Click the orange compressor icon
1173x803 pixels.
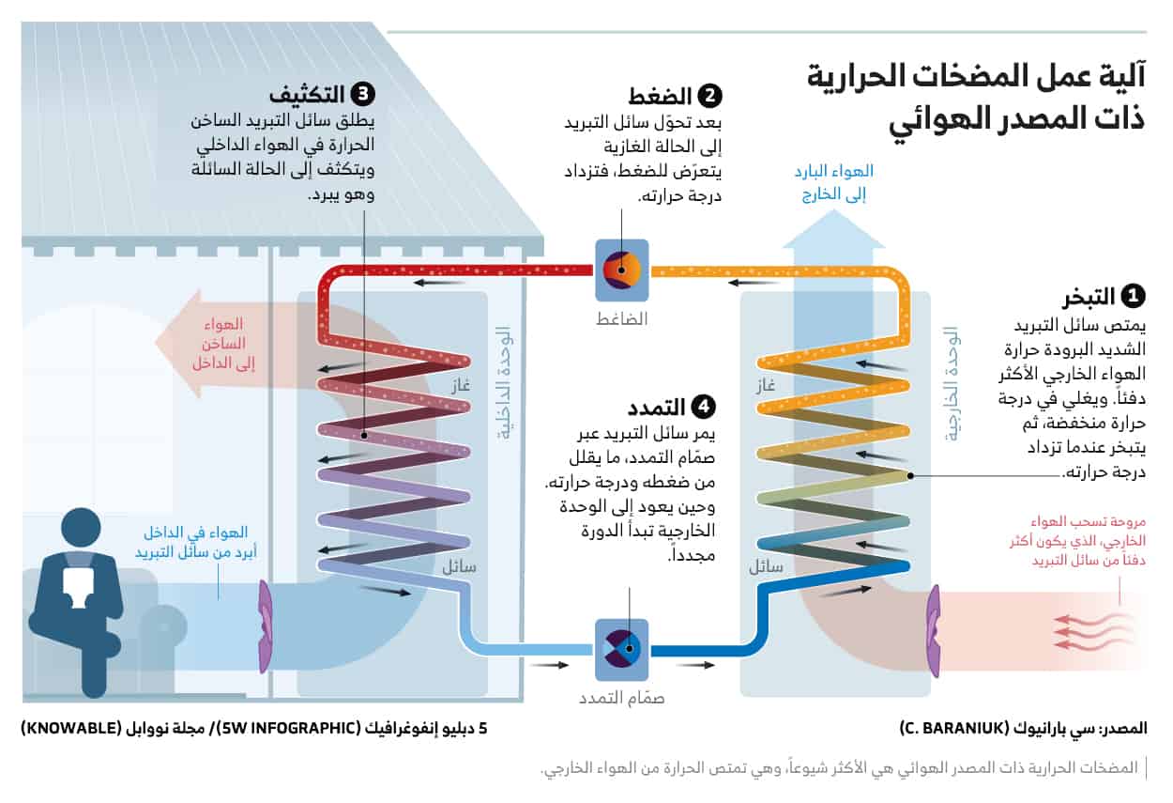(621, 270)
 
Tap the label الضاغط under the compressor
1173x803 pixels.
(622, 317)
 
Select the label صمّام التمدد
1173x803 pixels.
(621, 699)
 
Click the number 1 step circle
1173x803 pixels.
(1134, 297)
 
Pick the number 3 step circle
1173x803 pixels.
(362, 95)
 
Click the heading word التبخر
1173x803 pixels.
(1089, 298)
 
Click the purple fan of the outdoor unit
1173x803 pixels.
(935, 631)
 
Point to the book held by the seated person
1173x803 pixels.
(78, 583)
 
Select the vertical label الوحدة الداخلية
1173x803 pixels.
(503, 385)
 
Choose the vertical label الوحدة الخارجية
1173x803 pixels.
(951, 385)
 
